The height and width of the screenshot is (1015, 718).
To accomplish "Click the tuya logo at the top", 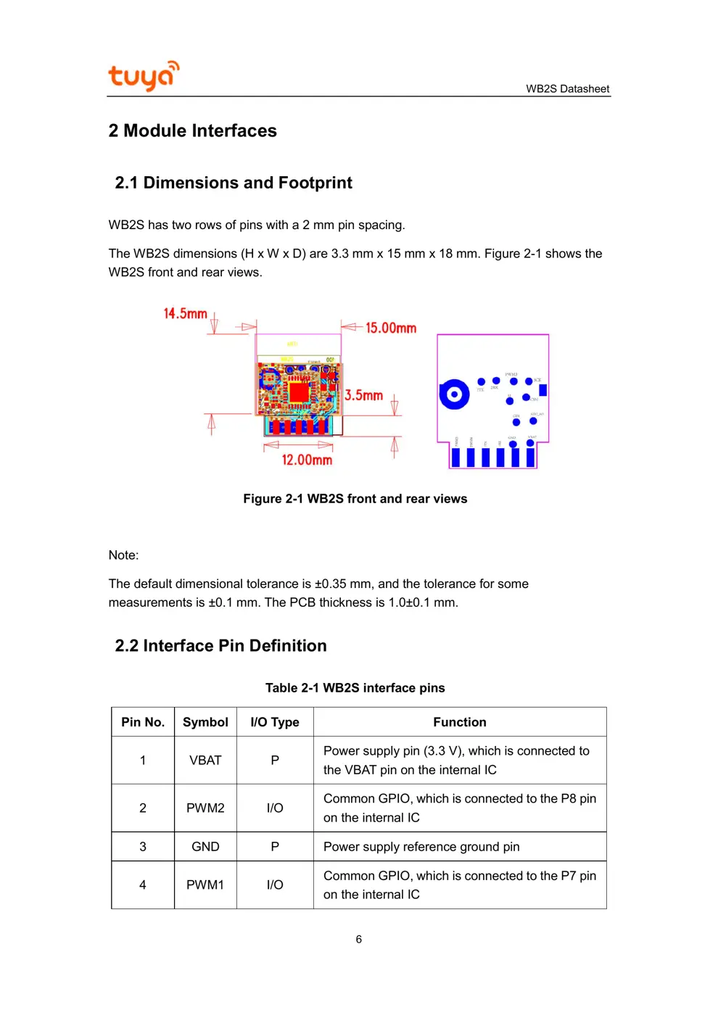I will point(143,75).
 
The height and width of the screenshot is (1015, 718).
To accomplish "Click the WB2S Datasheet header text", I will point(567,88).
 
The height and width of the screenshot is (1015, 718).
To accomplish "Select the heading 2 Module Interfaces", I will point(192,130).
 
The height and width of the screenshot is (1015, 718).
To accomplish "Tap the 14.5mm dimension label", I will point(185,313).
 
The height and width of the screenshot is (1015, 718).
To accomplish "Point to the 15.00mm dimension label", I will point(390,328).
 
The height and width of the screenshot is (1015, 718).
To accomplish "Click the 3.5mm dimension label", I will point(363,395).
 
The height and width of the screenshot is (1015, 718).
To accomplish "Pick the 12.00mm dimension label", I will point(307,460).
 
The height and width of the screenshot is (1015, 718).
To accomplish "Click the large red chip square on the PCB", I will point(299,392).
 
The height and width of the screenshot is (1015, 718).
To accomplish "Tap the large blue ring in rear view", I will point(454,394).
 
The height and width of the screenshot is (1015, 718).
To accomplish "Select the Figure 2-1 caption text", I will point(355,499).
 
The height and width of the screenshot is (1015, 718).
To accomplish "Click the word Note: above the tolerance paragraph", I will point(123,555).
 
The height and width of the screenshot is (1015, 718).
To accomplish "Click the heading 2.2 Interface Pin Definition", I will point(220,645).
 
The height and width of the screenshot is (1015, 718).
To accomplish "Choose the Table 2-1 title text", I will point(355,688).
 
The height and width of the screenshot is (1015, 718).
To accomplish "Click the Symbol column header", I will point(205,722).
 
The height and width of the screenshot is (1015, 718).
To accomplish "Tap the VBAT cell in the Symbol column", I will point(205,761).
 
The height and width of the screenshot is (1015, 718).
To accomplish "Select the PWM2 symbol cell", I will point(205,808).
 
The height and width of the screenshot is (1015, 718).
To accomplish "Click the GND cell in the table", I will point(205,847).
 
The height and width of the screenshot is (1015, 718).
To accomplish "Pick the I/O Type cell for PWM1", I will point(275,885).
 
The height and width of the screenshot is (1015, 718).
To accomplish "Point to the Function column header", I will point(460,722).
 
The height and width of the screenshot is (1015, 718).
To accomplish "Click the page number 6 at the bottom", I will point(358,940).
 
